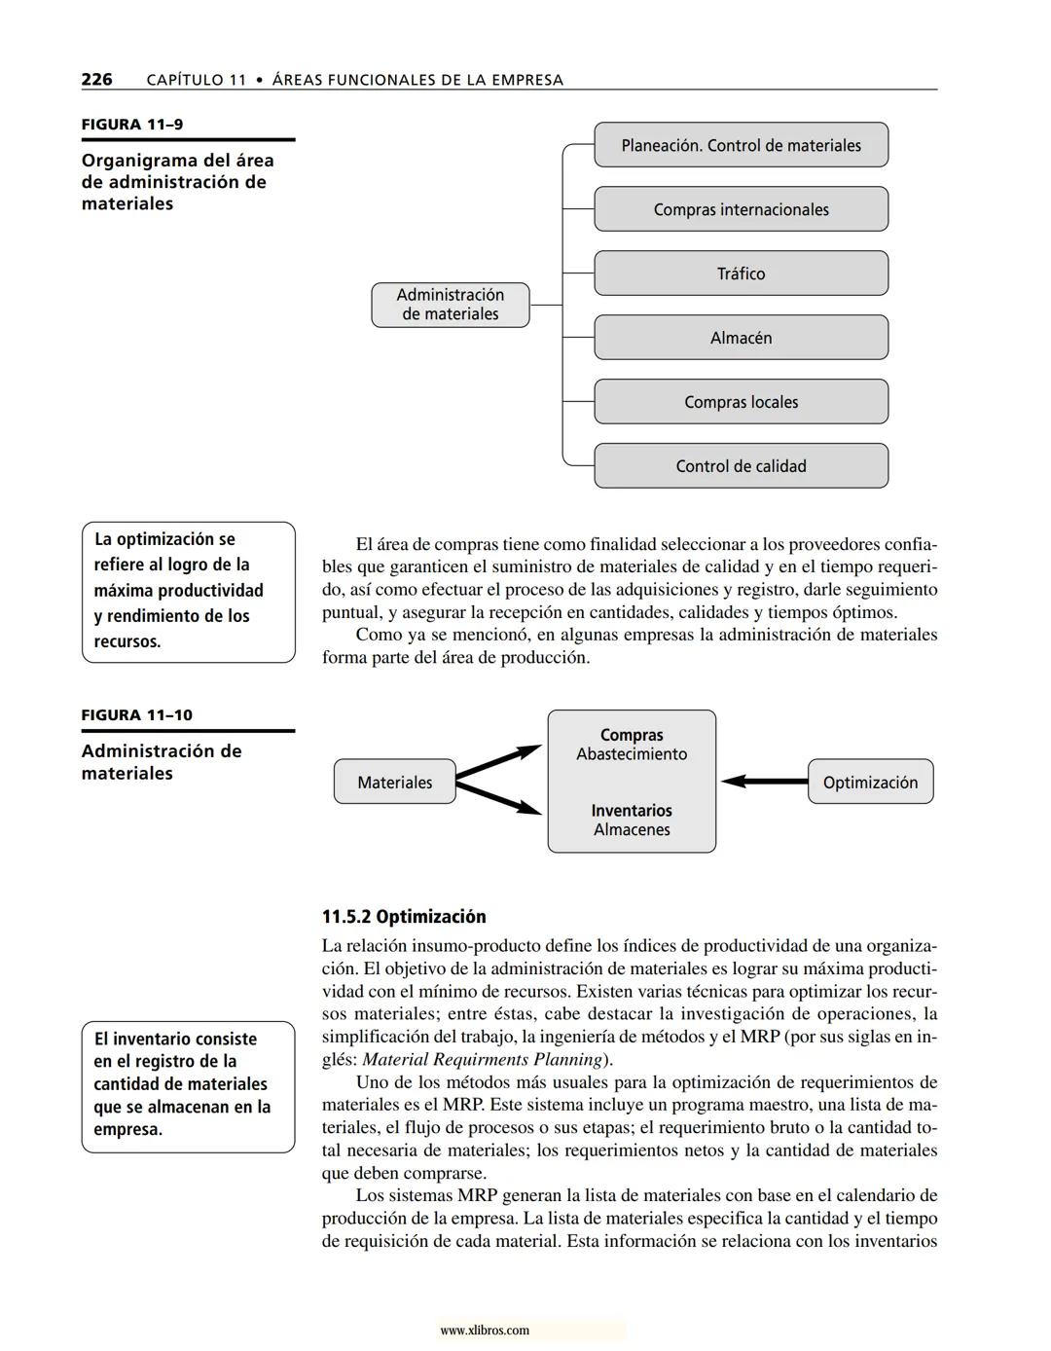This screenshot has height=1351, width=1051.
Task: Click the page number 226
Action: (96, 79)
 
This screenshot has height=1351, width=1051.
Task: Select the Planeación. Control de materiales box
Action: (741, 145)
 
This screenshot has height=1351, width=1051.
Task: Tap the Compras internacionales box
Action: (741, 209)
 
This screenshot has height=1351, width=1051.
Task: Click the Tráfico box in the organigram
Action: (741, 274)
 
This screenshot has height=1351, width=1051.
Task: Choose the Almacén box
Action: (741, 338)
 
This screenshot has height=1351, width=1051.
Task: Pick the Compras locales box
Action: (741, 402)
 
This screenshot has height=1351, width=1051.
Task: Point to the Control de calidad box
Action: (741, 466)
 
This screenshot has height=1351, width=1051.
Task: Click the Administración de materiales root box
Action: (451, 305)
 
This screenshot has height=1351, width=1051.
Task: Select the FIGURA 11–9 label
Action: (132, 125)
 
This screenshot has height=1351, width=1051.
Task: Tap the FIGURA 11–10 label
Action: (137, 715)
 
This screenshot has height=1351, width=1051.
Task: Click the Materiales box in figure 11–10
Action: (394, 782)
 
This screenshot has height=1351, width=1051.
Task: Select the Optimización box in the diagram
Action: (870, 782)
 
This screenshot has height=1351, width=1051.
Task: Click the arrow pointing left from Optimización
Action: (765, 781)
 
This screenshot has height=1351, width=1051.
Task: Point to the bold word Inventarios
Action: (632, 811)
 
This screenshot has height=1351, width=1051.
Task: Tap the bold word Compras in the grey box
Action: (632, 736)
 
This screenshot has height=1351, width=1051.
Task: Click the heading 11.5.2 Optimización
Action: (404, 917)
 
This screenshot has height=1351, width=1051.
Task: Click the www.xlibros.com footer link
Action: (485, 1331)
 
